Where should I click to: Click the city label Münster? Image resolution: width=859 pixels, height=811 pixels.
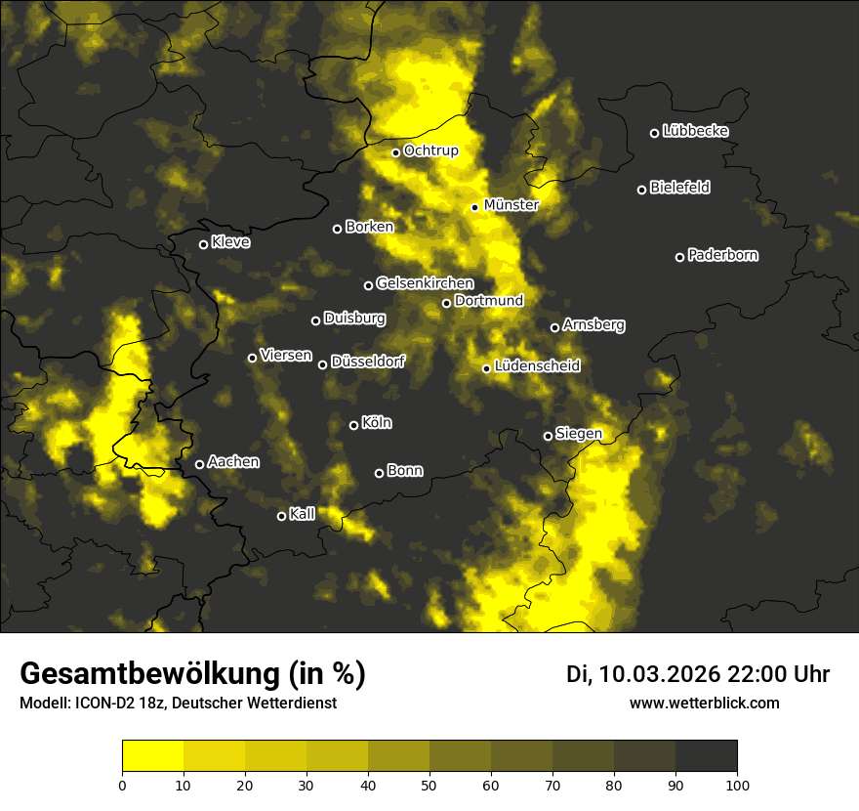tap(511, 205)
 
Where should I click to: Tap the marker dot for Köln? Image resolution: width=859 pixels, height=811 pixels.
tap(353, 425)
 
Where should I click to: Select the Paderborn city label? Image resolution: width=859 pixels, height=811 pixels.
tap(722, 255)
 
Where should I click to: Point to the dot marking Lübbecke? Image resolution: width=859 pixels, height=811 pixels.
tap(654, 133)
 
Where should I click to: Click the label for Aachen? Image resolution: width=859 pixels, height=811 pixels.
tap(233, 461)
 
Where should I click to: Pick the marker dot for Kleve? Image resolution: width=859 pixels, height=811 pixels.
tap(203, 244)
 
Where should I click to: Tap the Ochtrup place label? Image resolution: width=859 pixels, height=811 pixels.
tap(430, 150)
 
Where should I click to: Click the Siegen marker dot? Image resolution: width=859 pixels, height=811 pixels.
tap(548, 436)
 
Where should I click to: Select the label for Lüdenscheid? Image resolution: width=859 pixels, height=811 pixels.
tap(537, 366)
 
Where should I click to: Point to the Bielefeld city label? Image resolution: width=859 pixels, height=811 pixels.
tap(679, 188)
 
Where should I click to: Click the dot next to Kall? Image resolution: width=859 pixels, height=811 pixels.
tap(281, 516)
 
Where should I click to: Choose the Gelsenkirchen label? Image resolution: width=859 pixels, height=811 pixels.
tap(425, 283)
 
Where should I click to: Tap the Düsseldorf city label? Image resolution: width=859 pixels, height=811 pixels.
tap(367, 362)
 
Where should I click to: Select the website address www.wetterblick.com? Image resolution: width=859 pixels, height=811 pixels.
tap(704, 703)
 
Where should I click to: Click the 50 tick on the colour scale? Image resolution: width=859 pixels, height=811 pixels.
tap(429, 785)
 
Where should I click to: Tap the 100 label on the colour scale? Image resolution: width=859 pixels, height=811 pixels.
tap(737, 785)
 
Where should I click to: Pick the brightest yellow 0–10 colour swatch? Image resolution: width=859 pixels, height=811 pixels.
tap(152, 756)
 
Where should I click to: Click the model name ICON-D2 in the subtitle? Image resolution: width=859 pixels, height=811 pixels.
tap(102, 704)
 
